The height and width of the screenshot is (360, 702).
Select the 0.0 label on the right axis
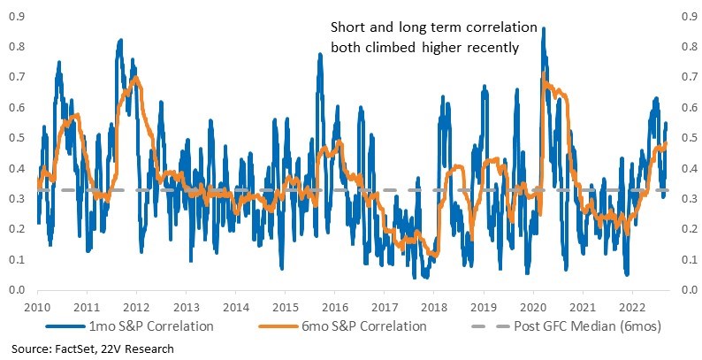tap(688, 290)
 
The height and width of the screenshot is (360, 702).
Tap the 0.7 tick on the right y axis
tap(688, 78)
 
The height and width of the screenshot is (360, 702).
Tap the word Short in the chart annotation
tap(346, 27)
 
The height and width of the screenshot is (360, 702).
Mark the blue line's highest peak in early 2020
tap(543, 28)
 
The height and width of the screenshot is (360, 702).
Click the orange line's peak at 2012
tap(136, 78)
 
